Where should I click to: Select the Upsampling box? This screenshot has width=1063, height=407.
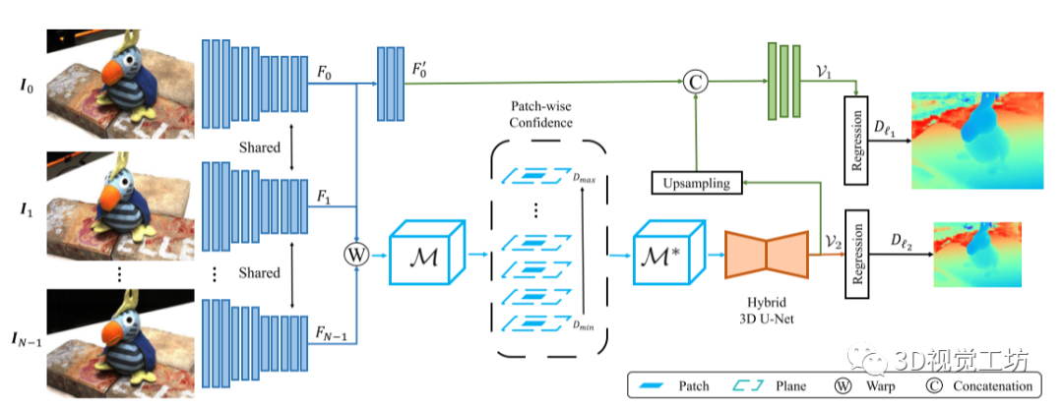[x=695, y=182]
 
